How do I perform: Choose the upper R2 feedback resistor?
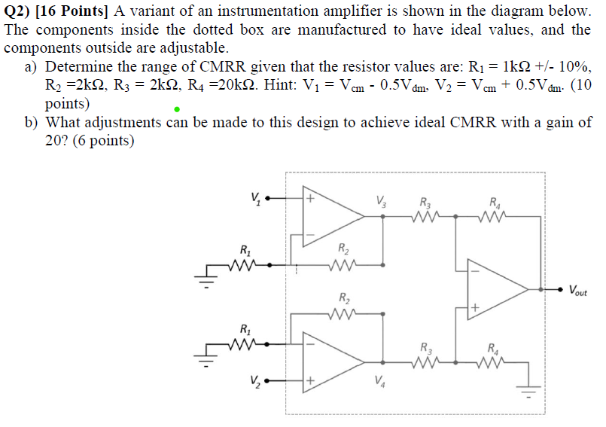[343, 264]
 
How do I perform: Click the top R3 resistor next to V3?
[426, 216]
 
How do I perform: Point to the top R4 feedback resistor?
[493, 216]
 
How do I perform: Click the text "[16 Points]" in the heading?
[72, 11]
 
